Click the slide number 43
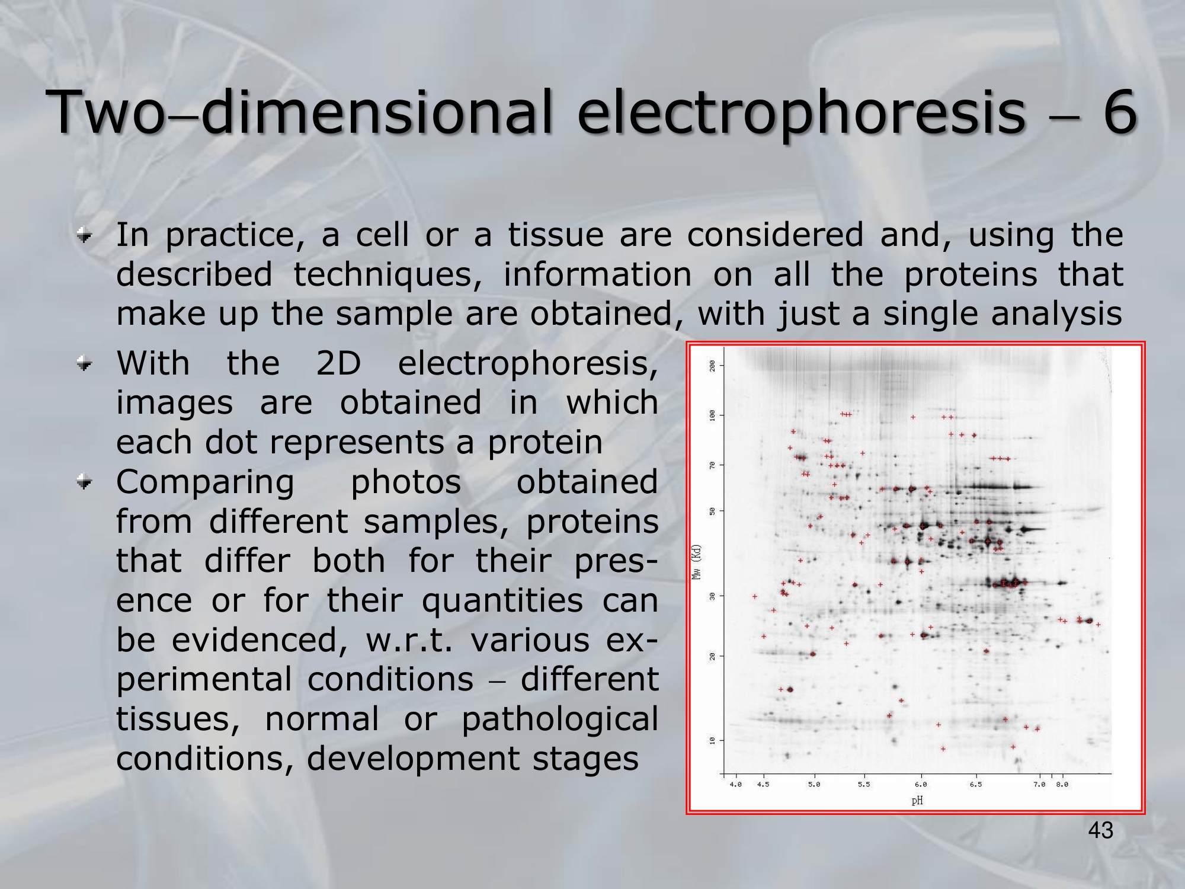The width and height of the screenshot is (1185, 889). pyautogui.click(x=1101, y=830)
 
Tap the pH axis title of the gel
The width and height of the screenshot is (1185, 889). pyautogui.click(x=917, y=801)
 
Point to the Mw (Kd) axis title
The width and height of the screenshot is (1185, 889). pyautogui.click(x=697, y=562)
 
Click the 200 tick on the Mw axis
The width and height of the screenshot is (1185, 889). pyautogui.click(x=712, y=366)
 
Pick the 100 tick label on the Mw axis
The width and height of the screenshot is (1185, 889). pyautogui.click(x=712, y=415)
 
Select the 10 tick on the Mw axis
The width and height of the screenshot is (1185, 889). pyautogui.click(x=712, y=740)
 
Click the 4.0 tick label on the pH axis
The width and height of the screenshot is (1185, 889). pyautogui.click(x=735, y=784)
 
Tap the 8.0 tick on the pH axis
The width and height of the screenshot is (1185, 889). pyautogui.click(x=1062, y=784)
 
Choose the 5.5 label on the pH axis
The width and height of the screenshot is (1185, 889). pyautogui.click(x=864, y=784)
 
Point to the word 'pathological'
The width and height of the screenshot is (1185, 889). pyautogui.click(x=560, y=719)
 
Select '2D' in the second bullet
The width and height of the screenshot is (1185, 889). pyautogui.click(x=338, y=363)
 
